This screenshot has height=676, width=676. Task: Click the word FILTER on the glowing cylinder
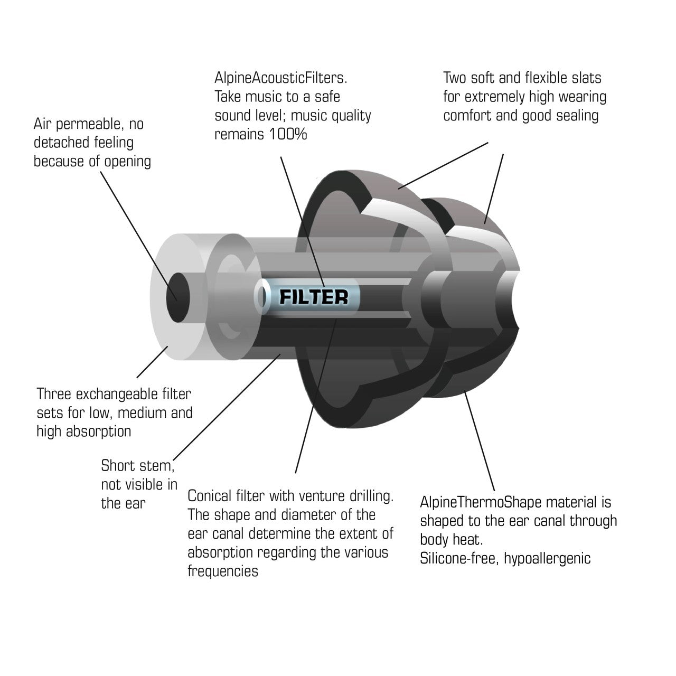point(314,297)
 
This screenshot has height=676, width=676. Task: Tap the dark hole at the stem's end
point(178,297)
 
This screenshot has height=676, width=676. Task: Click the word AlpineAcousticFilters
point(280,78)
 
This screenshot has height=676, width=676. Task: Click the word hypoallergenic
point(547,559)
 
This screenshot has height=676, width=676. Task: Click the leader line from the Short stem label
point(227,407)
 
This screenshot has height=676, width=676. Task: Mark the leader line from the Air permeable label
point(138,236)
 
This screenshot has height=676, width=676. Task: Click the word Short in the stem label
point(116,465)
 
